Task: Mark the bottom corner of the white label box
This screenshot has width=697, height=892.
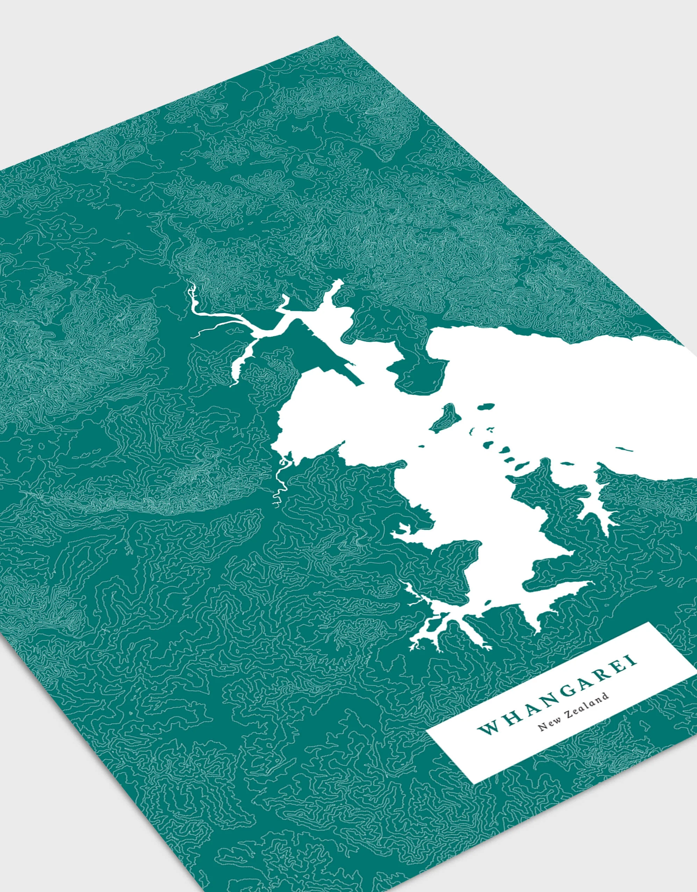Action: [473, 803]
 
